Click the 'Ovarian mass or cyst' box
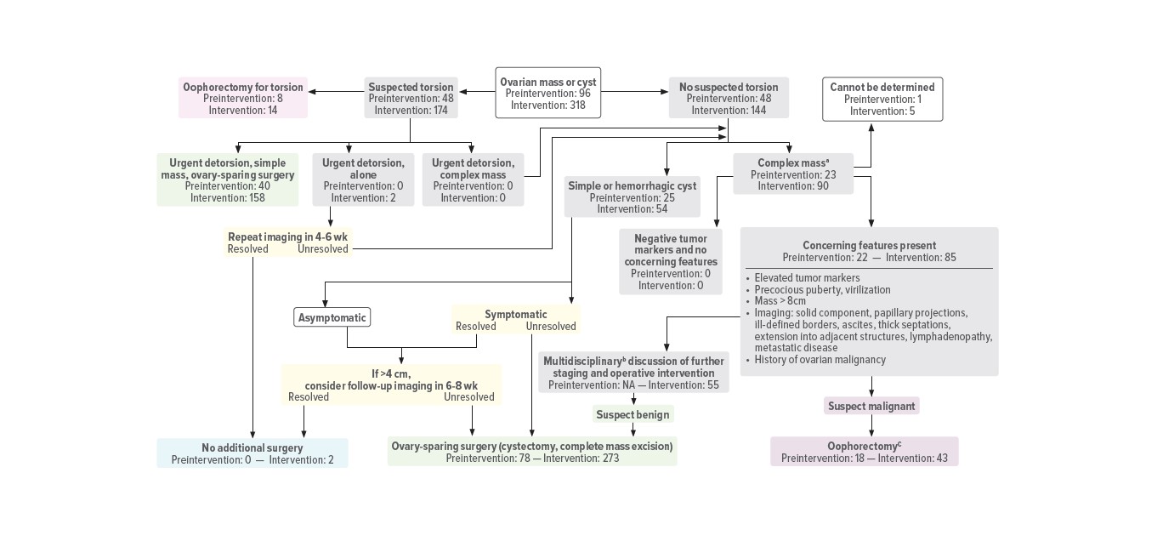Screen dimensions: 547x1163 547,94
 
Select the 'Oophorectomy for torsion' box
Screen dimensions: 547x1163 242,98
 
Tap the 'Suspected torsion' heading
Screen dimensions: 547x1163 411,87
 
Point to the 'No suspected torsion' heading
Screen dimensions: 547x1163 728,87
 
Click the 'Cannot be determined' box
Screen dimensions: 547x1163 882,99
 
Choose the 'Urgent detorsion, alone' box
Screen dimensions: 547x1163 363,179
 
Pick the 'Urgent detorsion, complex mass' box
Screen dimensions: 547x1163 473,179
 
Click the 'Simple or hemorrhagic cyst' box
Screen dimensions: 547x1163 632,197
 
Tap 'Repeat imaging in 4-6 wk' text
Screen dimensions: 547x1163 288,236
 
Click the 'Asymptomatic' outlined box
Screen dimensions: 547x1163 332,318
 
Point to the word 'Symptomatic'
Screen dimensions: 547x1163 515,314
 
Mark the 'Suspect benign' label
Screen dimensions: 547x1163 633,414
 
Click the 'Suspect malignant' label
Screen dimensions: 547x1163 871,406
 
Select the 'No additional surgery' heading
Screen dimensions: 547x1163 252,447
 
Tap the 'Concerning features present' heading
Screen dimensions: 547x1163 869,246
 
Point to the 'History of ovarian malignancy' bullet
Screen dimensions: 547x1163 820,360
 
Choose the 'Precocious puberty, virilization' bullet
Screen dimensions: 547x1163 810,289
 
